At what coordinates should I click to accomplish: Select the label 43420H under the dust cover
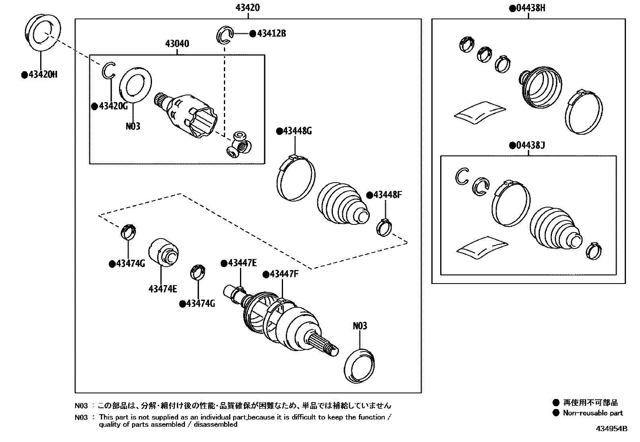point(41,75)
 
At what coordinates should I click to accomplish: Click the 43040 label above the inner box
point(177,43)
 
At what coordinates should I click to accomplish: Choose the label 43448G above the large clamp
point(297,131)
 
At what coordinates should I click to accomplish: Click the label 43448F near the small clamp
point(387,195)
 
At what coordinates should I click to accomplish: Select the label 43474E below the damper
point(162,289)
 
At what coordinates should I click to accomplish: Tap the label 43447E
point(241,263)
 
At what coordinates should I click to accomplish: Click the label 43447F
point(283,274)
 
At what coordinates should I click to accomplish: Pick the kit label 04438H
point(530,8)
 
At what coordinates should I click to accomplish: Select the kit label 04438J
point(530,145)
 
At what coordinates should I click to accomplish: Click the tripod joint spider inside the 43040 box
point(240,145)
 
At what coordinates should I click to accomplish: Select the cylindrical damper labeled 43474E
point(162,253)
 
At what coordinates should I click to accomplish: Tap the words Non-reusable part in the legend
point(593,413)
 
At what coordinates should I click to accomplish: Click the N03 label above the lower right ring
point(360,326)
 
